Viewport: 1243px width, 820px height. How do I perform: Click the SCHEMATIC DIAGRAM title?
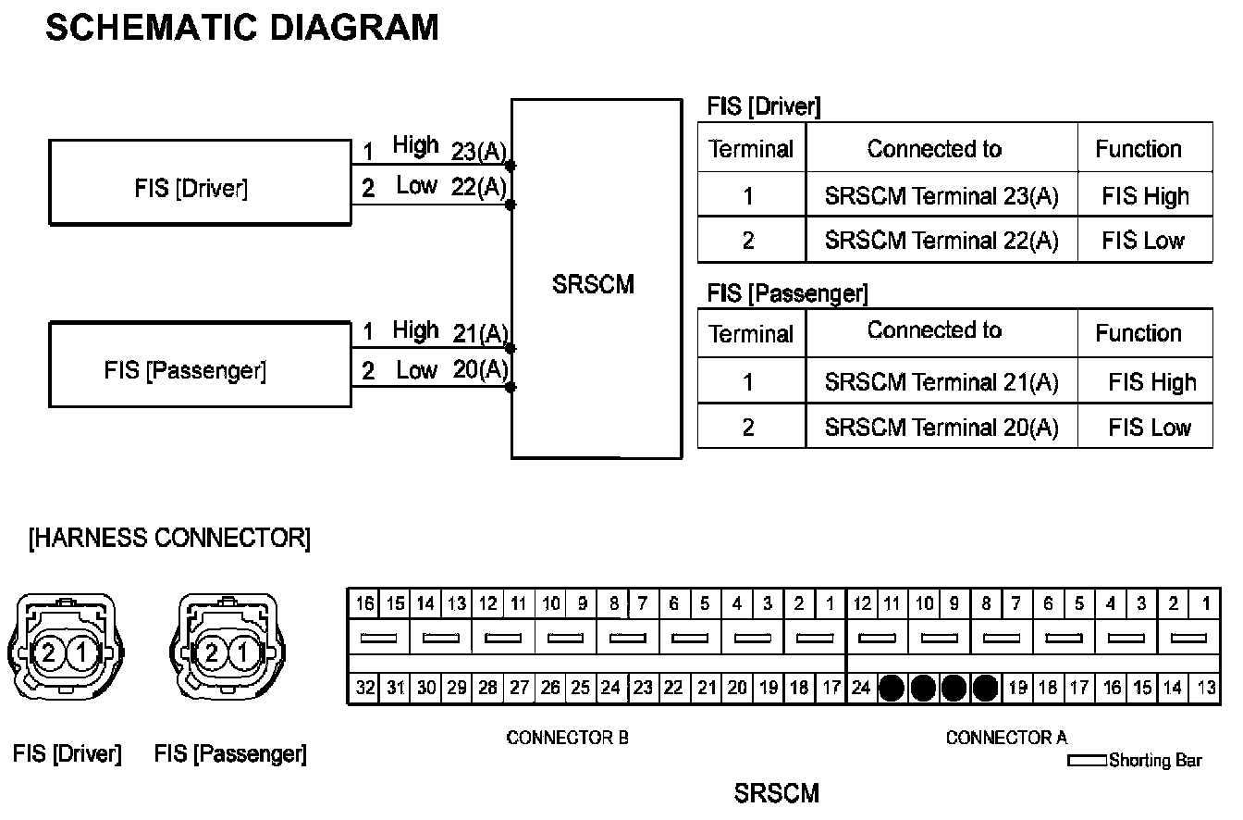241,29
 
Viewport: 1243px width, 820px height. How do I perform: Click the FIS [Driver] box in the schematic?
199,182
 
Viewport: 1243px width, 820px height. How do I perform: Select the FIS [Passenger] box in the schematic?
199,364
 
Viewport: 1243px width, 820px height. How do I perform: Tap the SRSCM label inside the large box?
593,284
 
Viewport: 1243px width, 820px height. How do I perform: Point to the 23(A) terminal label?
479,152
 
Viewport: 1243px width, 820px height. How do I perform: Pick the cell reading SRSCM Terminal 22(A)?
941,241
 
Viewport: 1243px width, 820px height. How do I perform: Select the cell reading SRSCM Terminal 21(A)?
941,382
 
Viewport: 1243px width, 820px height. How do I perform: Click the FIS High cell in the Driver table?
1144,196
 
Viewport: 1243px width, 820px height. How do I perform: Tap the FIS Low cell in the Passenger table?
1150,428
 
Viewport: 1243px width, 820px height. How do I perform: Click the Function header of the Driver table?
1138,149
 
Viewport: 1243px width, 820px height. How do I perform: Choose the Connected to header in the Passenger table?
934,330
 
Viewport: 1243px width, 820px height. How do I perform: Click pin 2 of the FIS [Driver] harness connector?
49,653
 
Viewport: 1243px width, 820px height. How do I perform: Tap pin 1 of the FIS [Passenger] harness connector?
242,653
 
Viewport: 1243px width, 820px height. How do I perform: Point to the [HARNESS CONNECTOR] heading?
169,539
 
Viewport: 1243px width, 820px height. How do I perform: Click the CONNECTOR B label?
567,738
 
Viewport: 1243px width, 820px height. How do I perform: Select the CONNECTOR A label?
1005,738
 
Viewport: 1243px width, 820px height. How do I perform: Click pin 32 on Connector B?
365,688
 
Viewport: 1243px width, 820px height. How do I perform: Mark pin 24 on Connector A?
860,688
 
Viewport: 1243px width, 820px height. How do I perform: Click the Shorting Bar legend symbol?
1088,761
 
